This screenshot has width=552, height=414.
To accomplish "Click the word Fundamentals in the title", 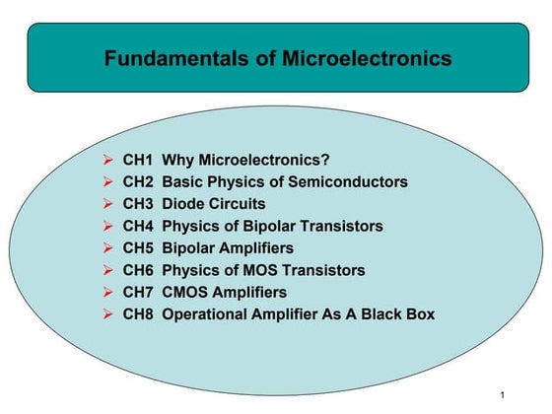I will pos(165,59).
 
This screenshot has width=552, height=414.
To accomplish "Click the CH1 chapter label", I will pos(139,161).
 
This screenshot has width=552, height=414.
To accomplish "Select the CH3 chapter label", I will pos(139,204).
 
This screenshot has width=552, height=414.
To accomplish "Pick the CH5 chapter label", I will pos(139,247).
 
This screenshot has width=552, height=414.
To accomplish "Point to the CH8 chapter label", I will pos(139,314).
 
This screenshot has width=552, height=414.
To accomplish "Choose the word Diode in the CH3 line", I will pos(184,204).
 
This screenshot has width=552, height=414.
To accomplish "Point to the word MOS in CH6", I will pos(258,270).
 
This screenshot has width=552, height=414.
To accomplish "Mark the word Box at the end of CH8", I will pos(418,314).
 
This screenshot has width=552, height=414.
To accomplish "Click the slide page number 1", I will pos(503,395).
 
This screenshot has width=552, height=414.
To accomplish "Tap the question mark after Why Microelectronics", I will pos(325,161).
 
